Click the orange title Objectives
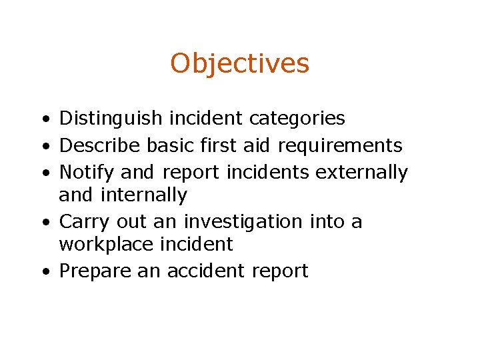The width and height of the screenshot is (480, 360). pyautogui.click(x=240, y=64)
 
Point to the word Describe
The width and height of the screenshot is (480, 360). pyautogui.click(x=100, y=145)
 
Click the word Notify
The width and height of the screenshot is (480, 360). pyautogui.click(x=87, y=172)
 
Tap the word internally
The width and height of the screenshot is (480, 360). pyautogui.click(x=143, y=195)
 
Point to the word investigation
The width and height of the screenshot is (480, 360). pyautogui.click(x=243, y=221)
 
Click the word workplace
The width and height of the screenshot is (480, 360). pyautogui.click(x=107, y=245)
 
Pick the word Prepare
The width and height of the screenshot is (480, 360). pyautogui.click(x=96, y=271)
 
